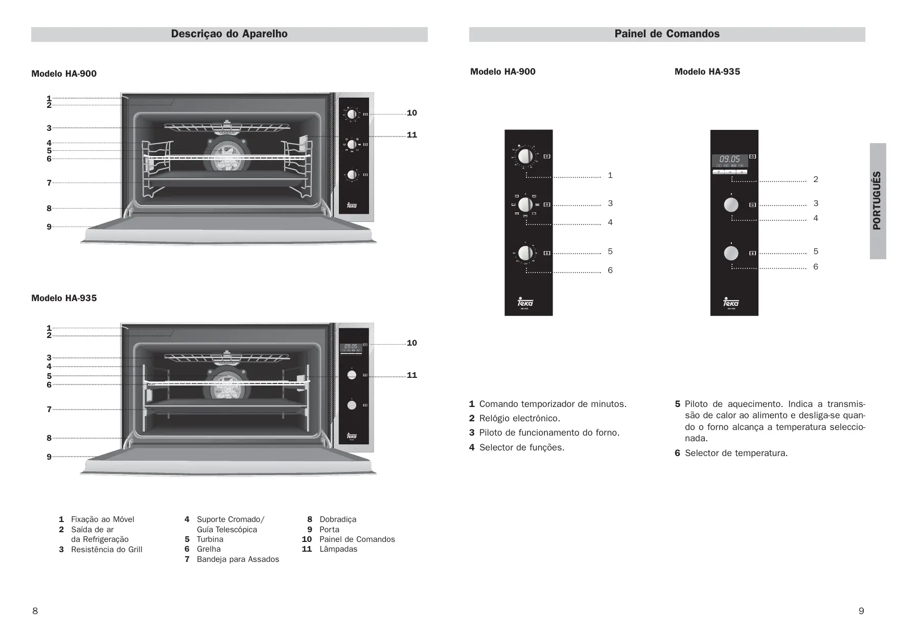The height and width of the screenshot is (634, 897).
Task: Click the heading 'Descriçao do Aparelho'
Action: [229, 34]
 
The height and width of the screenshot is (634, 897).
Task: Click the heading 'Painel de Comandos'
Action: [666, 34]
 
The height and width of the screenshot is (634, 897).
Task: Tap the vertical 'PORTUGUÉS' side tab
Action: [877, 201]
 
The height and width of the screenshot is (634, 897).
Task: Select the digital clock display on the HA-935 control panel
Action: [730, 160]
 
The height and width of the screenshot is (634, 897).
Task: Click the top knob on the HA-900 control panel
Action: [525, 155]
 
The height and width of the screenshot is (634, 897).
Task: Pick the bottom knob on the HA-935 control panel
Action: [731, 253]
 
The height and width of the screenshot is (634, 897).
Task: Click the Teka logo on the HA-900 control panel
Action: [525, 302]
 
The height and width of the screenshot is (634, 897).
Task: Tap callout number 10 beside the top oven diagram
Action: [411, 113]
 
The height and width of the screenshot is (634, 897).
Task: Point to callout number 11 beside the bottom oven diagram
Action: [411, 375]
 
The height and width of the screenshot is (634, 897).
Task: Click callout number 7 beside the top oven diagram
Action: [49, 183]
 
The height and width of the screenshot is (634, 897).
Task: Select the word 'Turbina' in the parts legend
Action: [210, 539]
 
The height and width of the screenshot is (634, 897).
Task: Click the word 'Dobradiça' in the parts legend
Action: [338, 519]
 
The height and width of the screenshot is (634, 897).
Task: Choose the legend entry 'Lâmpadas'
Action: [338, 549]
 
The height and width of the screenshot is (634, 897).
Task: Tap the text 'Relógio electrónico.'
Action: [519, 418]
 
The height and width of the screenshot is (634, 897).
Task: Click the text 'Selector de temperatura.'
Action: [736, 453]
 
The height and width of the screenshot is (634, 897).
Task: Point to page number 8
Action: [35, 611]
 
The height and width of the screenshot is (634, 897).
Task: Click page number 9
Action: [861, 611]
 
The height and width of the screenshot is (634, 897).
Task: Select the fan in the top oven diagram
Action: [225, 153]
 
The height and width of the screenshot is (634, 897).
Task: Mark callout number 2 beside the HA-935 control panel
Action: [816, 179]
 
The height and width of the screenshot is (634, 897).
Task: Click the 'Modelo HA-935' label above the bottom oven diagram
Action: [64, 298]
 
